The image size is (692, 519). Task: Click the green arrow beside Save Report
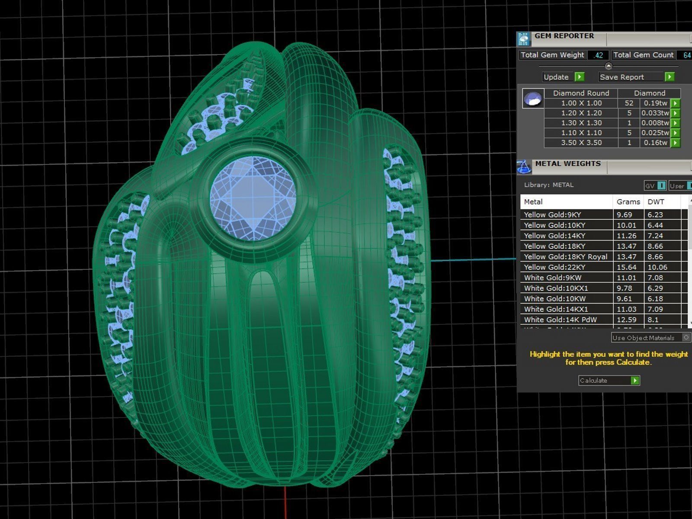pos(669,77)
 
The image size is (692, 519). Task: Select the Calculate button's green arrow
pos(634,381)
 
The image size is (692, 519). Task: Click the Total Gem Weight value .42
pos(598,55)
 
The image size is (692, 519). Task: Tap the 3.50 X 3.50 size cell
pos(581,143)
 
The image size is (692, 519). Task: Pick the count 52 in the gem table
pos(629,103)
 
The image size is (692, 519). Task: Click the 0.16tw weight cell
pos(655,143)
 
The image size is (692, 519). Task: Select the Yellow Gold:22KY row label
pos(554,267)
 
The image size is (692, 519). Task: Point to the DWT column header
pos(656,202)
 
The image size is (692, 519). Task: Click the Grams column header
pos(628,202)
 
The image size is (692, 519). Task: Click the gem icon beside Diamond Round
pos(533,99)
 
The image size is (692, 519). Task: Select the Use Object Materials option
pos(644,338)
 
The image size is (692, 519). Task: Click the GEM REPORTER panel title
pos(564,36)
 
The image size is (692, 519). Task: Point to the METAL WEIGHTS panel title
pos(567,164)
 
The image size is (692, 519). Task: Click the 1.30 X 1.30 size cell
pos(581,123)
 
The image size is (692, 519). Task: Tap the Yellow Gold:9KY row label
pos(552,215)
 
